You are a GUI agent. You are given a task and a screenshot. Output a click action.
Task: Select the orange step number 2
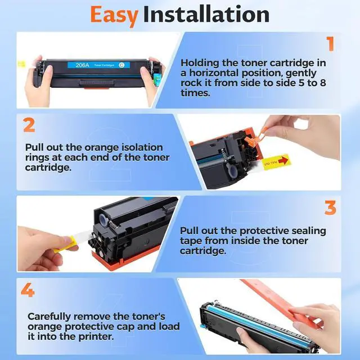(x=29, y=124)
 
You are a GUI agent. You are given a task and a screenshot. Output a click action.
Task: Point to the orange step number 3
(x=330, y=207)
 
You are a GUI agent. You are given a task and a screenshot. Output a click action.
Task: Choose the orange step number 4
(x=29, y=291)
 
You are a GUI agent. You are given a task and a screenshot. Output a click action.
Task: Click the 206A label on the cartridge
(x=83, y=64)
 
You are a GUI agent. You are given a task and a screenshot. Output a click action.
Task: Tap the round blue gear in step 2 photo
(x=231, y=171)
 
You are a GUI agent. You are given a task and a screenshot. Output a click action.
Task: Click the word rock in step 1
(x=191, y=83)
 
